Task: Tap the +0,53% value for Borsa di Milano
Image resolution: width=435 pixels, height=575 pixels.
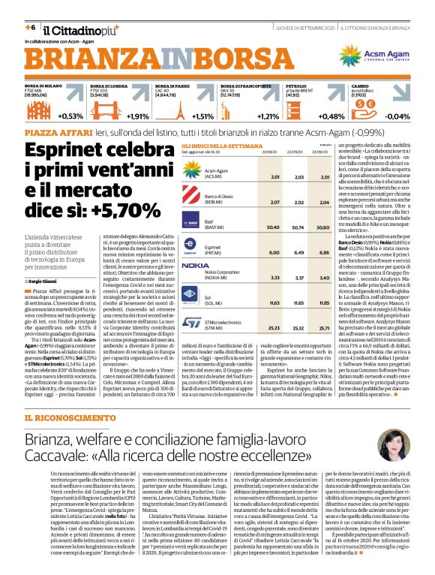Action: [70, 116]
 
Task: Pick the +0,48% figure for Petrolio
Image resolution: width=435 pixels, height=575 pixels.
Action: [331, 116]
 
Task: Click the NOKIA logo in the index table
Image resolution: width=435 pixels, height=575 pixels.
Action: [195, 266]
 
